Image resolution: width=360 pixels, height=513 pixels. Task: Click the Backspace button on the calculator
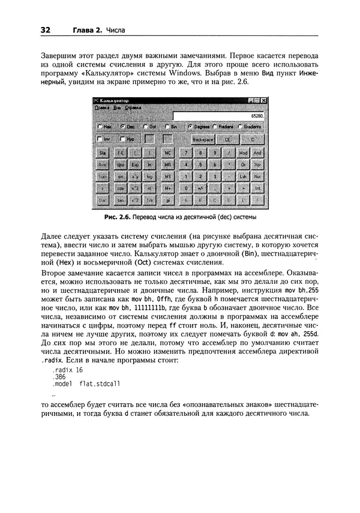pos(203,139)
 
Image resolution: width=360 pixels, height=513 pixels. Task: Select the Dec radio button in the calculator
pos(122,127)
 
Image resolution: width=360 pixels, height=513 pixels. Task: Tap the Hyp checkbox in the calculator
pos(122,139)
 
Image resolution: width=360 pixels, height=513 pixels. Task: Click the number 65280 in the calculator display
pos(257,114)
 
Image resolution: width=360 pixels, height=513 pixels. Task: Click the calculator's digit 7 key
pos(187,153)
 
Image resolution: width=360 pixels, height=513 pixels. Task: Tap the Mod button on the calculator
pos(244,153)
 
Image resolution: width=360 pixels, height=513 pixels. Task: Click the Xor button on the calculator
pos(257,164)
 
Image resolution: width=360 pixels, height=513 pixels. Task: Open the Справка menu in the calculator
pos(133,107)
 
